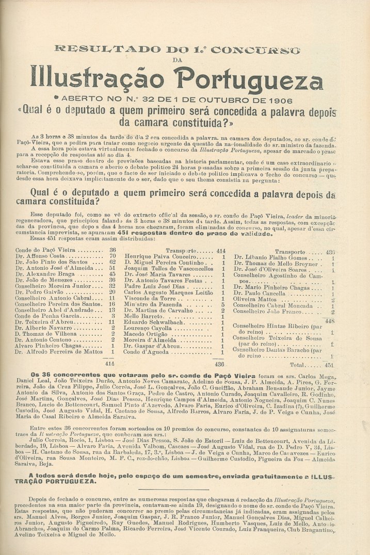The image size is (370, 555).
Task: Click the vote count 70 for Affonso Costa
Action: pos(112,256)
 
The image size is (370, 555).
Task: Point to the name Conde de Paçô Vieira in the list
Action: pos(45,250)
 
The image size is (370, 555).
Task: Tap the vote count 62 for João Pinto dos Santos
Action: pos(112,262)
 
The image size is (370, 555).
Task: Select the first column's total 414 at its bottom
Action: pos(110,363)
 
